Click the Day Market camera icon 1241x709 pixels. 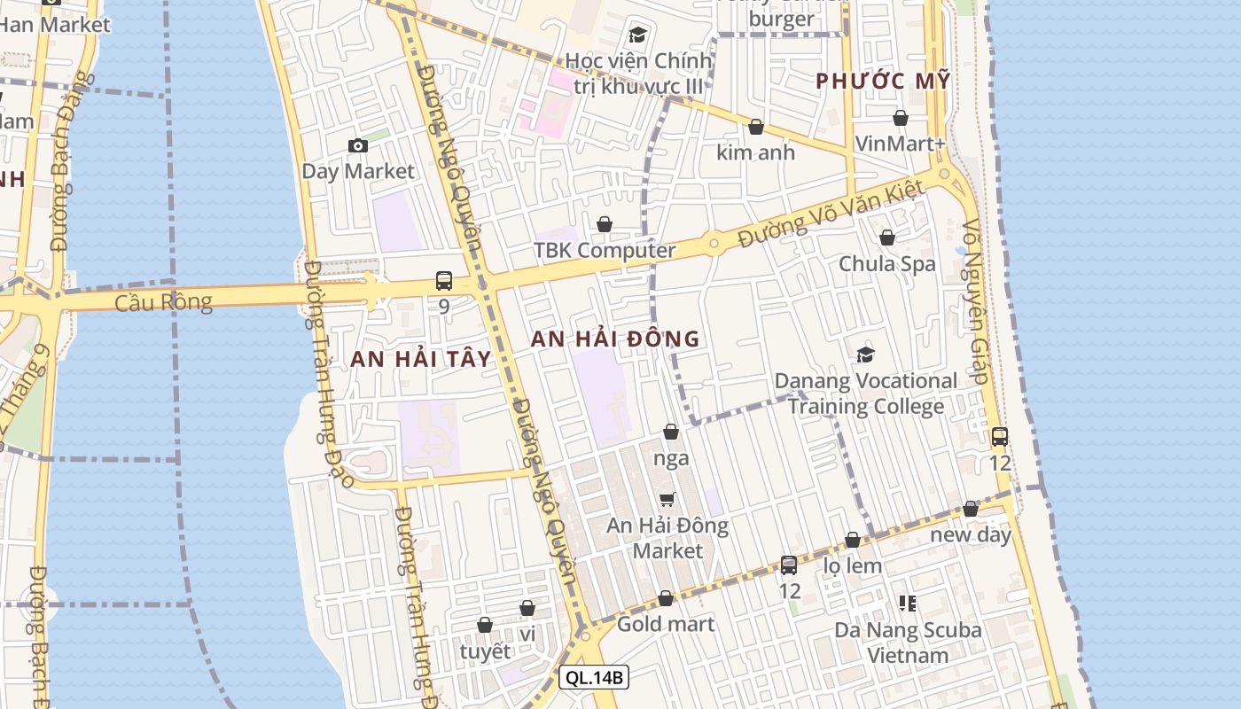358,145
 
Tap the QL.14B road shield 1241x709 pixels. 594,678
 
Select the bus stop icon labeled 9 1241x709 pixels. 444,281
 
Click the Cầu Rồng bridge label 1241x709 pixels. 164,302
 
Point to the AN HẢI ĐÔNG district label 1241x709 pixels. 615,339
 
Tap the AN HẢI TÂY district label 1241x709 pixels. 420,359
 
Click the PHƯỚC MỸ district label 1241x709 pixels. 883,82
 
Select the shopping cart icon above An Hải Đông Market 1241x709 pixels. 667,500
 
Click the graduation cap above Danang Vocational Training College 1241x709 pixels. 865,355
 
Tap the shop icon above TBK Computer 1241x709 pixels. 605,224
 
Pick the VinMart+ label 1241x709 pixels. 901,144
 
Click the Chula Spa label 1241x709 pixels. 886,264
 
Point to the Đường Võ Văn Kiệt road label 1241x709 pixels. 831,215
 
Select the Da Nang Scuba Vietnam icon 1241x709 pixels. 908,604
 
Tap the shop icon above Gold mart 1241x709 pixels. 666,599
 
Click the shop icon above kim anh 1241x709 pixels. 756,127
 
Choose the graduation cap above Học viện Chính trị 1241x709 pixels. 637,35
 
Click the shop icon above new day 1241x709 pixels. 971,510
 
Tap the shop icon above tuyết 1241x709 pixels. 485,626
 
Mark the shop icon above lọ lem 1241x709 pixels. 853,540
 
